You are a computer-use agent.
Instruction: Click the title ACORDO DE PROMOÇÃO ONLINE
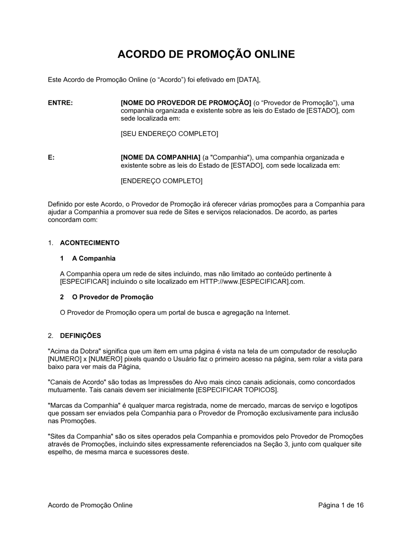point(206,55)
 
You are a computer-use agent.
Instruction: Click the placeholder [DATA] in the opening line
point(249,79)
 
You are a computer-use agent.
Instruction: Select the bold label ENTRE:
point(60,103)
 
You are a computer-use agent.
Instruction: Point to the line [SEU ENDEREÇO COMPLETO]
point(169,134)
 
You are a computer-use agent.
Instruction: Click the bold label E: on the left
point(51,157)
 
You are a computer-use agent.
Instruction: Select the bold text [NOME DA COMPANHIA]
point(160,157)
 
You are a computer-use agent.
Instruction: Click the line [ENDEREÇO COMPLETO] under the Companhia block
point(161,181)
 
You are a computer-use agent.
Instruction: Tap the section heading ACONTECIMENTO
point(90,243)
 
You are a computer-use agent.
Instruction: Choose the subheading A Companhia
point(94,259)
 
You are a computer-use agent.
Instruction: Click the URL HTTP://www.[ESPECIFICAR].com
point(252,282)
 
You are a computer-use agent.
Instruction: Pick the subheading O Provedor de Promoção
point(113,297)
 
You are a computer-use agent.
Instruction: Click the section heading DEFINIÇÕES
point(81,336)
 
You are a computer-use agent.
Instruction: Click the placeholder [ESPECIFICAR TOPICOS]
point(237,390)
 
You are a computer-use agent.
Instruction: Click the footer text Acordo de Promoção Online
point(90,505)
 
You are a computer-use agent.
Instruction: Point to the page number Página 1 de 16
point(341,505)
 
